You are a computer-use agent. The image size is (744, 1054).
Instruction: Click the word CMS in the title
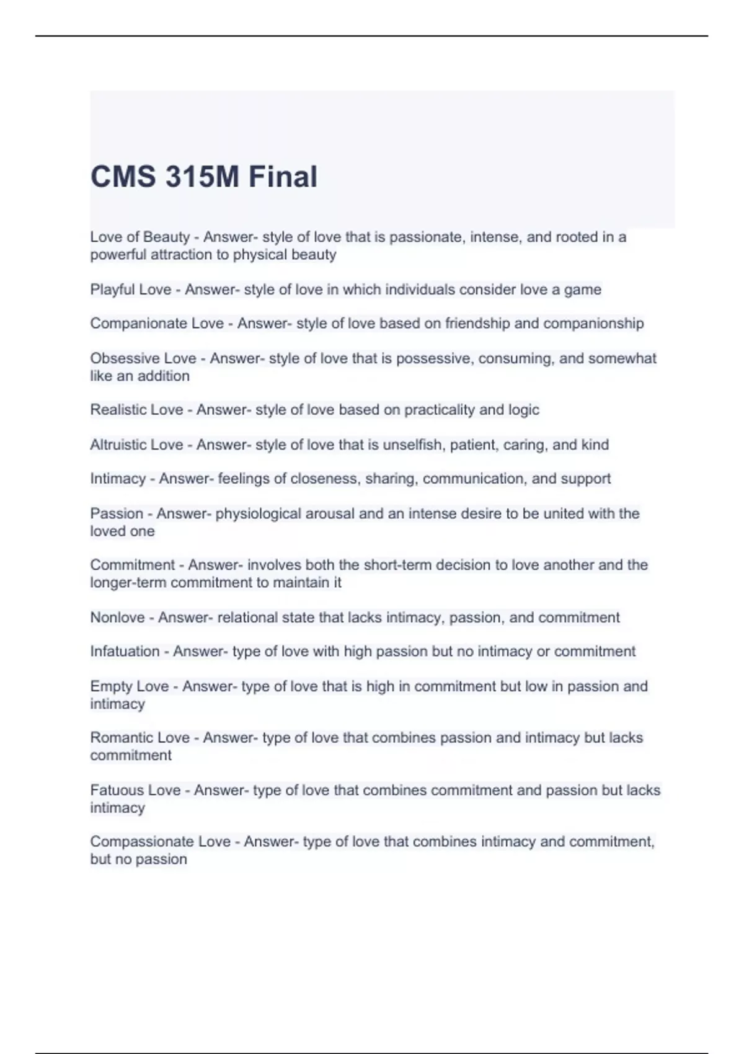(123, 177)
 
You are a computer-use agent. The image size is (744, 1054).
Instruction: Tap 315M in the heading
(202, 177)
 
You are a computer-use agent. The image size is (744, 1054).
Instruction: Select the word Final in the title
(283, 177)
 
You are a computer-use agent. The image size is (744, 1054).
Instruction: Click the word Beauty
(166, 237)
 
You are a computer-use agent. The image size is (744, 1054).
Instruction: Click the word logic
(524, 410)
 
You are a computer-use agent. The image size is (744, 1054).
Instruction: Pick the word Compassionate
(141, 842)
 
